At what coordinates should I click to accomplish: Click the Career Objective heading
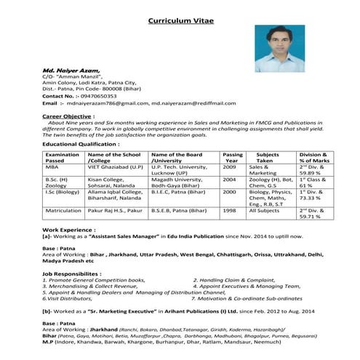coord(71,116)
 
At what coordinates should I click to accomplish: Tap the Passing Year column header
coord(233,158)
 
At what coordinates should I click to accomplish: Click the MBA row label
coord(52,167)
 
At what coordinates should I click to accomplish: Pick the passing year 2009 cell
coord(229,167)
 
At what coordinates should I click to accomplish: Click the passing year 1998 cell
coord(229,210)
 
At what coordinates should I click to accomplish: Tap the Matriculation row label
coord(64,210)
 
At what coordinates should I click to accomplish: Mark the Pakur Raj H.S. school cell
coord(113,210)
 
